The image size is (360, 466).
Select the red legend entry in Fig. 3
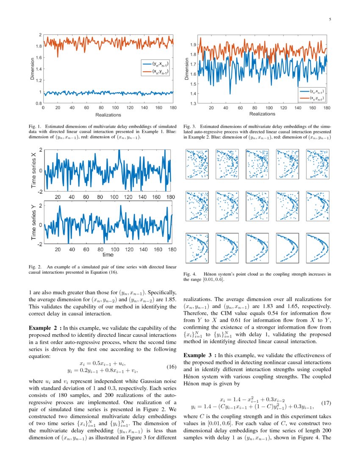(x=314, y=98)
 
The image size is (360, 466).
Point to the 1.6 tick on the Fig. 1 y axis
(x=39, y=57)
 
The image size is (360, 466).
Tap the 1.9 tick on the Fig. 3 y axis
(x=193, y=44)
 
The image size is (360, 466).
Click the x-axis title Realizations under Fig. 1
(x=108, y=115)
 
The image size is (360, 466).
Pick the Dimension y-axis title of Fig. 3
(x=187, y=69)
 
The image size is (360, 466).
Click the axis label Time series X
(x=33, y=170)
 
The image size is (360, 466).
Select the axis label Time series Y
(x=33, y=222)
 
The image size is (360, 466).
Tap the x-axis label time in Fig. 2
(x=108, y=255)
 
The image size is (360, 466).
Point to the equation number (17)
(x=326, y=402)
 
